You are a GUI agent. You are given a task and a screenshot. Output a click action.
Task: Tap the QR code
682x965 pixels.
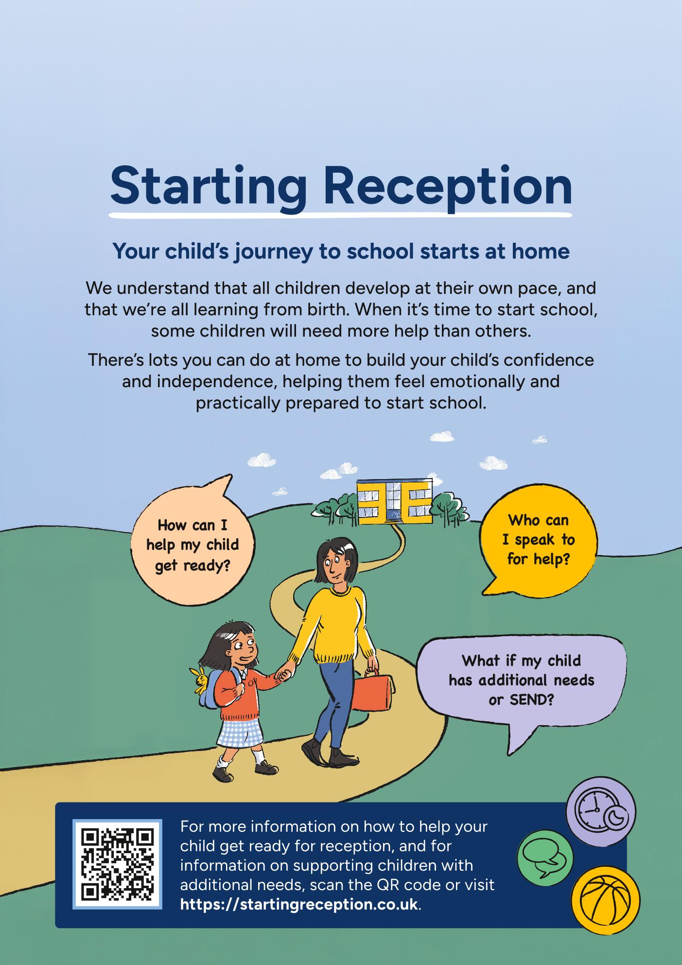click(x=117, y=864)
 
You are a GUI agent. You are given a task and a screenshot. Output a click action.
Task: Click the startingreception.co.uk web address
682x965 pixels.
click(x=299, y=905)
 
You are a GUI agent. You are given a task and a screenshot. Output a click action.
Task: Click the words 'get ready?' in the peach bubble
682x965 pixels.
click(x=192, y=565)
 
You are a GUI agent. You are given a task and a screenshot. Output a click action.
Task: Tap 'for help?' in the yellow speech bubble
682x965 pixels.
click(x=538, y=559)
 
